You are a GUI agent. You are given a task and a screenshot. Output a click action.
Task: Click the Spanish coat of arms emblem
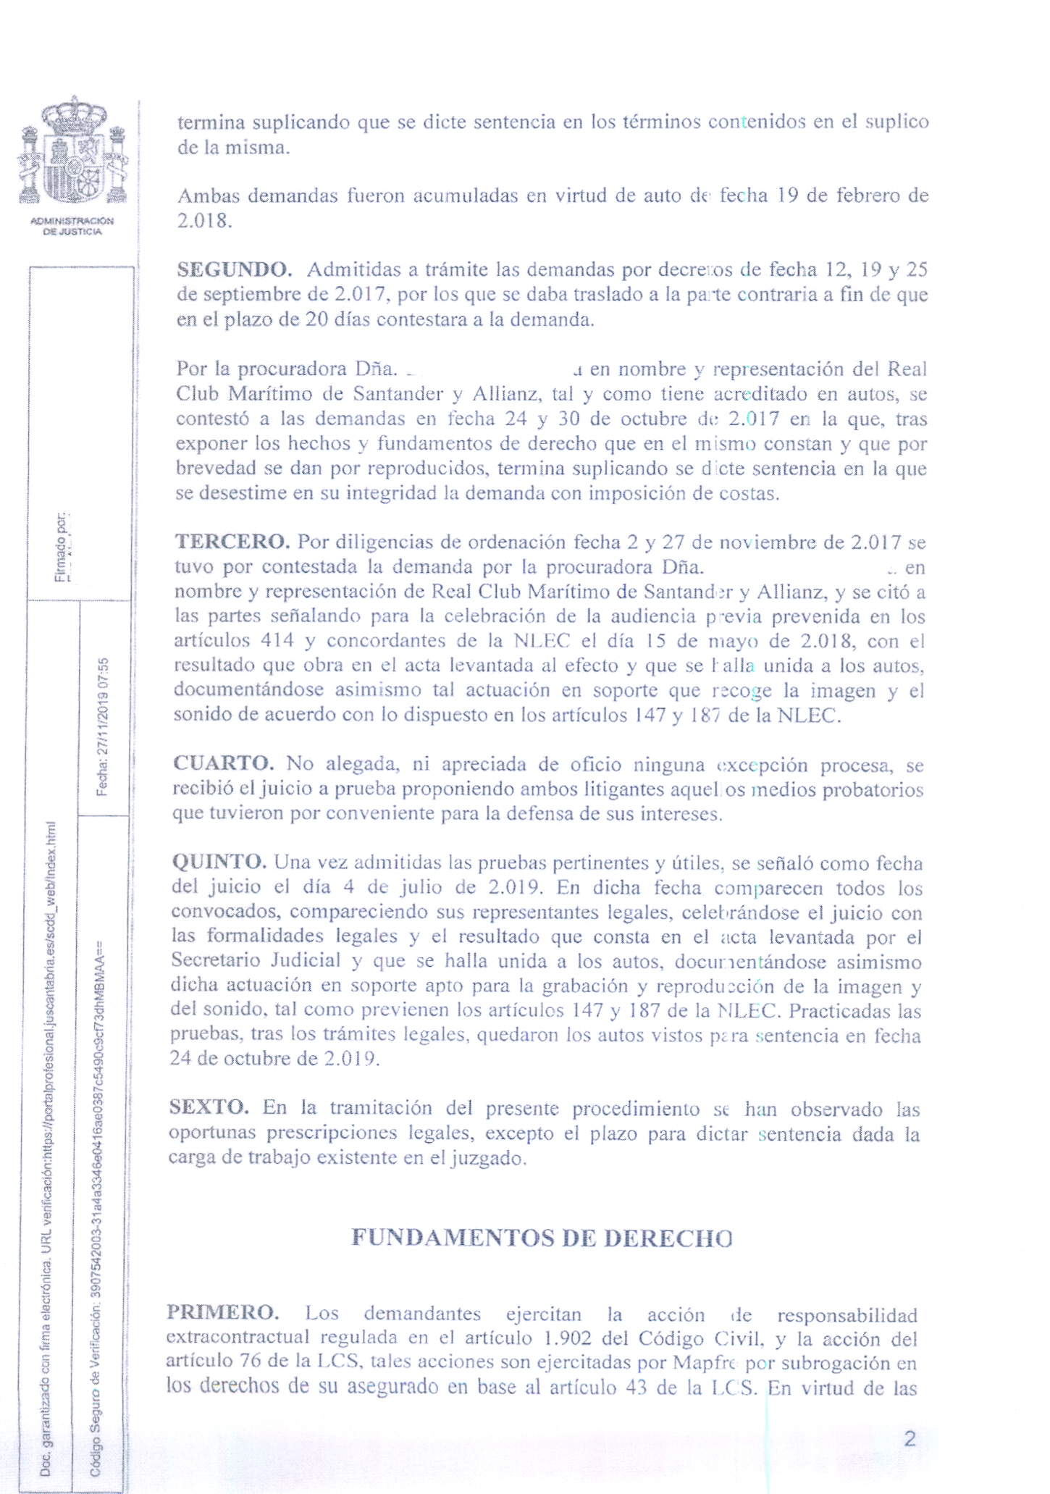72,151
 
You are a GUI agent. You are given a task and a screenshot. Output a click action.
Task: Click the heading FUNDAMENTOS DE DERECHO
542,1237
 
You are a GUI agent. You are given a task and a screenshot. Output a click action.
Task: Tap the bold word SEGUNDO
234,269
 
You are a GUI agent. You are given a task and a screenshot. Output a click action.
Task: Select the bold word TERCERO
232,541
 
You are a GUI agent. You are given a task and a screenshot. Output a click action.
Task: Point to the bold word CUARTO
223,763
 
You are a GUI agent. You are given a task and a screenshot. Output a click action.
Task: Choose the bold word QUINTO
219,862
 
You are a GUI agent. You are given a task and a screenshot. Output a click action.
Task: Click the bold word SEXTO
209,1107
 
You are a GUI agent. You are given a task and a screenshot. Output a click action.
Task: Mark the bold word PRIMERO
222,1312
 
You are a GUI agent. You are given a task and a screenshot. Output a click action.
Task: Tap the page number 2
910,1438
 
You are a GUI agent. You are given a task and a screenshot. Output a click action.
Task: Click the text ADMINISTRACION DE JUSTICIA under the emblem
72,226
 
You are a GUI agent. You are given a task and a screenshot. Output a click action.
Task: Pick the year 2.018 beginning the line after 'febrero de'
204,220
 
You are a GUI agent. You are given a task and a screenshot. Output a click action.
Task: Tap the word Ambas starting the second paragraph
209,196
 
